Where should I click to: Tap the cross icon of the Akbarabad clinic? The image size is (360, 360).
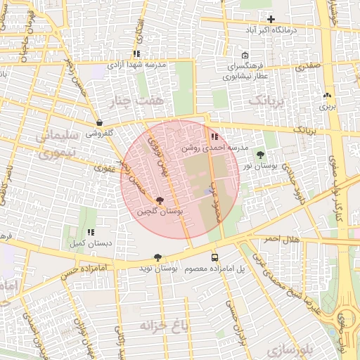click(271, 19)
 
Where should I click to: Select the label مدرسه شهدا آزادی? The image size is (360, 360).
click(136, 64)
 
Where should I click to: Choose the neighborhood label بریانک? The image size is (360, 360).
click(268, 101)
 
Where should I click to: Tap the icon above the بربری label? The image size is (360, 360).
click(327, 96)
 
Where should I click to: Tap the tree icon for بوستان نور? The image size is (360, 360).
click(261, 154)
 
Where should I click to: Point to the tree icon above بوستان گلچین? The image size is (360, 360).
click(160, 200)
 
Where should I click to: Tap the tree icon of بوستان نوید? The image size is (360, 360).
click(157, 257)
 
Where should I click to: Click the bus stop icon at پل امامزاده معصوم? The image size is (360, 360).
click(214, 257)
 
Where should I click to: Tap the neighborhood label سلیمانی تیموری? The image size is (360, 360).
click(53, 141)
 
